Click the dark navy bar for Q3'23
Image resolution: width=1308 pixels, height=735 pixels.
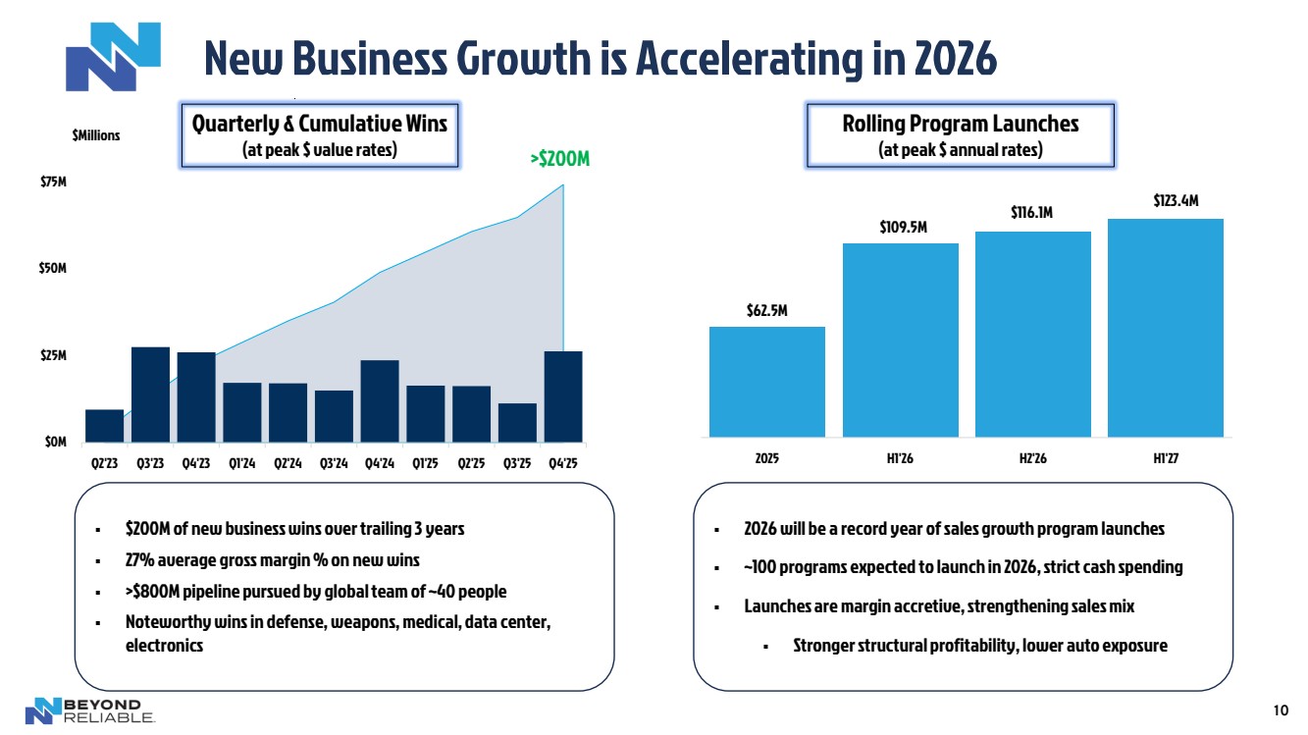(150, 394)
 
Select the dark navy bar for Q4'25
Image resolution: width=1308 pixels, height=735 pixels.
(563, 396)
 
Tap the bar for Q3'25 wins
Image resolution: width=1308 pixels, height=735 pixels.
(517, 422)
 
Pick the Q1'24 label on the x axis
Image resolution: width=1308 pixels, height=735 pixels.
(241, 464)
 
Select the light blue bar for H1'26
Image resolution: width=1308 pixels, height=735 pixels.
(900, 340)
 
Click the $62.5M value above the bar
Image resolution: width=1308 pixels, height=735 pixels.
(766, 310)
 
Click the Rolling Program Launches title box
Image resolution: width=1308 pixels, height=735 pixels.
(960, 134)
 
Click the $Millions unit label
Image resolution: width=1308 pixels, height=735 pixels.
(96, 135)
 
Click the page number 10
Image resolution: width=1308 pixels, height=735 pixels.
(1280, 711)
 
